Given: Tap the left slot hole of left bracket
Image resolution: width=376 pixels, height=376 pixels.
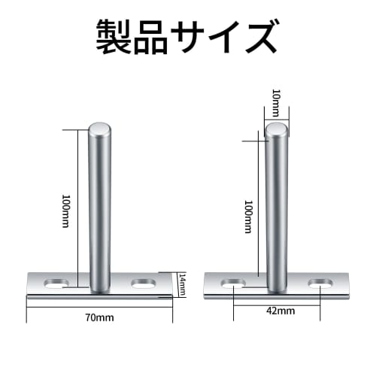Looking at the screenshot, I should coord(59,284).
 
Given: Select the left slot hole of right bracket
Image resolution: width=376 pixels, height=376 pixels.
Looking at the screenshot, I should coord(234,284).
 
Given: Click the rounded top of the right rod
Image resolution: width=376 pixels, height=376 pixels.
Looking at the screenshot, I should coord(277,132).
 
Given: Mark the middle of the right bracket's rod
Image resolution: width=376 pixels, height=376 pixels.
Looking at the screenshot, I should coord(277,211).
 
